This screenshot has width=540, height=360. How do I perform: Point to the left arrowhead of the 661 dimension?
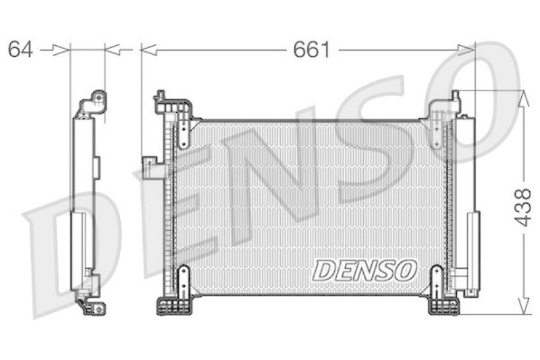tap(148, 49)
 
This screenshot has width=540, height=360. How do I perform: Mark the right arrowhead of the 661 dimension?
tap(467, 49)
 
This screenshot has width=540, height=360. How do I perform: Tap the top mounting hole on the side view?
tap(99, 98)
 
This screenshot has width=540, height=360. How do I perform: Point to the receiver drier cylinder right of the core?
tap(473, 240)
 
